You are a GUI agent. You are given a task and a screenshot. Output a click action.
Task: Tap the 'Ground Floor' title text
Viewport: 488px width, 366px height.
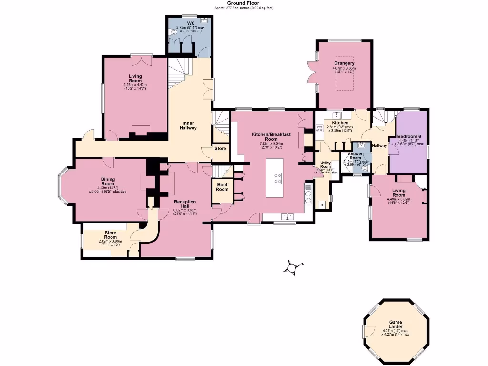[244, 3]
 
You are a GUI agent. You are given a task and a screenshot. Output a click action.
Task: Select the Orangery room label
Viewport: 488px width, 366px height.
[344, 63]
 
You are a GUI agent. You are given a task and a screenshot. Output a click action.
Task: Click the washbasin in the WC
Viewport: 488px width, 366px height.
[204, 20]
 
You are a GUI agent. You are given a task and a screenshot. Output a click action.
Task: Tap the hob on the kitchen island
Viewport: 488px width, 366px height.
[277, 178]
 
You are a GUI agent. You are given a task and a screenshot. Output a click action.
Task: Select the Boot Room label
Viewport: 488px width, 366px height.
[223, 187]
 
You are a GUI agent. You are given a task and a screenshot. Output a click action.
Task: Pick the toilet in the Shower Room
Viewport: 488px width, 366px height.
[365, 168]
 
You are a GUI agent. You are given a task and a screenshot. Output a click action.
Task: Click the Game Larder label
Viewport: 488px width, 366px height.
[396, 325]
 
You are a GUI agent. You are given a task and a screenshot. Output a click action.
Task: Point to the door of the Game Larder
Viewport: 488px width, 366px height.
[366, 330]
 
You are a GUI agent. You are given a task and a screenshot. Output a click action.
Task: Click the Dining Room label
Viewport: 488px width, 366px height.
[108, 182]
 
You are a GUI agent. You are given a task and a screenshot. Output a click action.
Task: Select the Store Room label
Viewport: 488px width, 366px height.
[111, 235]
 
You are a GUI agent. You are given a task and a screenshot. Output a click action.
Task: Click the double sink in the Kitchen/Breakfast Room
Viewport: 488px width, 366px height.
[287, 216]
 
